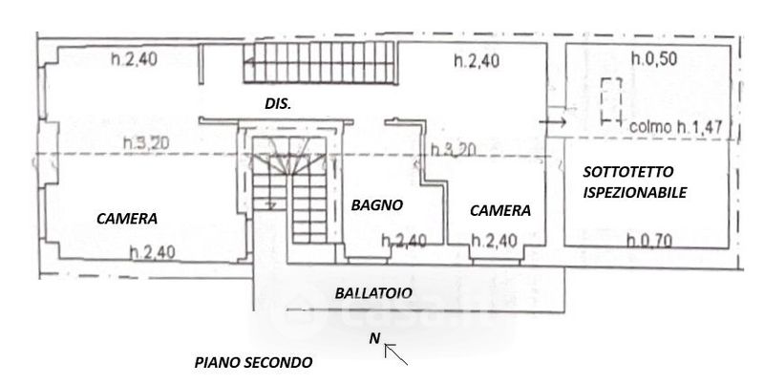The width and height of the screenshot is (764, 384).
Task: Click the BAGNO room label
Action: (x=376, y=204)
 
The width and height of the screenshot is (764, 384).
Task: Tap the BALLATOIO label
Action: (x=372, y=293)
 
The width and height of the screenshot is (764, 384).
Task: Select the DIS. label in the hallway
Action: (x=277, y=103)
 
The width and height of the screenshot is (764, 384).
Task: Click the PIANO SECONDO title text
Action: (x=253, y=363)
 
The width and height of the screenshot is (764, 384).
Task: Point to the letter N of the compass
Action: (x=375, y=337)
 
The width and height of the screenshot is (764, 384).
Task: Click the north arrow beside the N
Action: (x=396, y=354)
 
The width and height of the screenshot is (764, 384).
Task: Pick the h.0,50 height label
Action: (x=659, y=58)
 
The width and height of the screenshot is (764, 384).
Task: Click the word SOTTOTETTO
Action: (x=629, y=172)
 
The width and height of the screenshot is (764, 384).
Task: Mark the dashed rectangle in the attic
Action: (x=609, y=99)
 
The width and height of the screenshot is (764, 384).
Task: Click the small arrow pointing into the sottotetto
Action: (x=553, y=122)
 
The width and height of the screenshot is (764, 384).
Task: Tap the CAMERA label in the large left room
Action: (x=127, y=218)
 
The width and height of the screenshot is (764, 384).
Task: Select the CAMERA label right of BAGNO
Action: (x=500, y=211)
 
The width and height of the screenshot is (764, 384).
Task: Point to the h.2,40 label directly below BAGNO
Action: (x=403, y=241)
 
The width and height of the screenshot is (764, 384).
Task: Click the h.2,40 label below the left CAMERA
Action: (x=153, y=252)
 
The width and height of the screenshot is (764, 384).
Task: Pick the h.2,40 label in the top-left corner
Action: (x=133, y=59)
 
